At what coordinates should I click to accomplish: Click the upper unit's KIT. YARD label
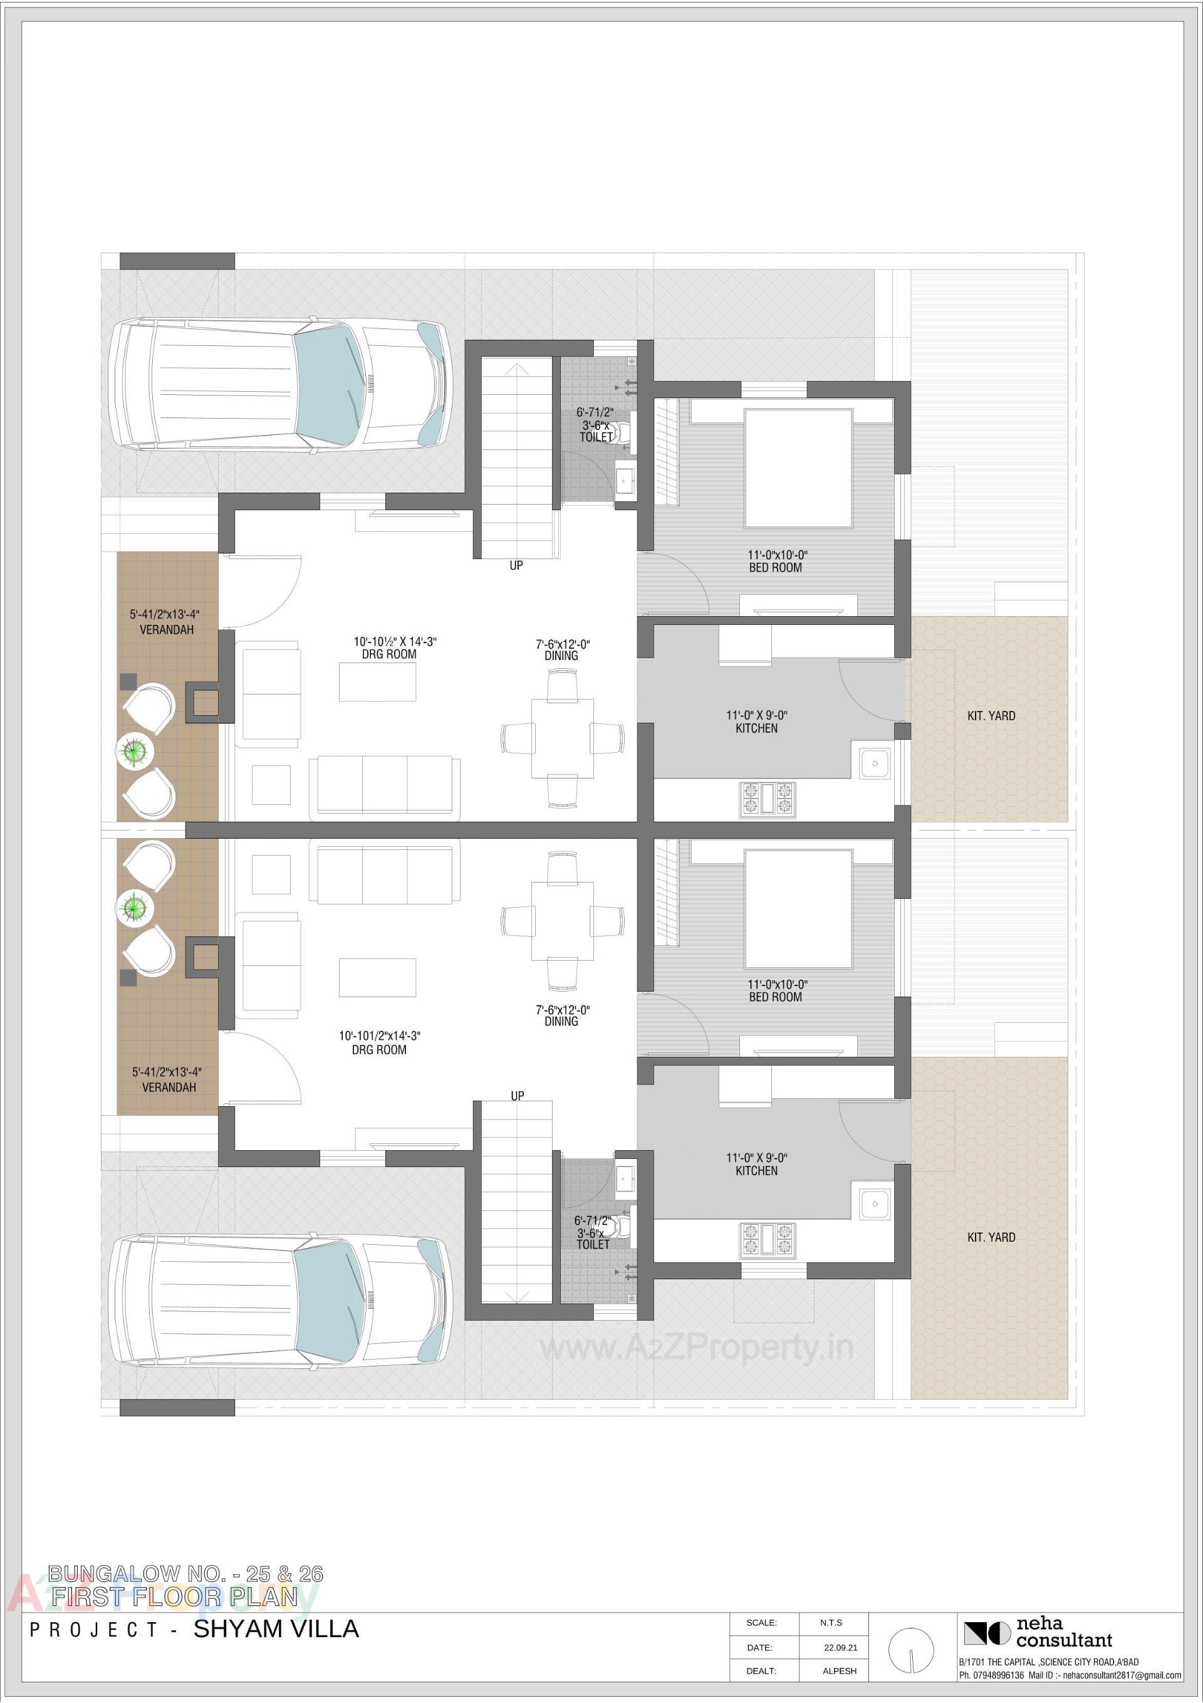click(x=991, y=716)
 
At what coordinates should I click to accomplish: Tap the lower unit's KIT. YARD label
click(x=991, y=1237)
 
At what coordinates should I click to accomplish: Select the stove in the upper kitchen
click(x=767, y=800)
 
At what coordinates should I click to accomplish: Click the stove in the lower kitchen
click(x=767, y=1241)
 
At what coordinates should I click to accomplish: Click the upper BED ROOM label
click(x=775, y=567)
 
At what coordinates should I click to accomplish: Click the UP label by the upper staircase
click(x=516, y=565)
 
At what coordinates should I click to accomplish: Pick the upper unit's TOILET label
click(x=596, y=438)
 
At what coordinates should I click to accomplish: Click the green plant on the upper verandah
click(x=134, y=751)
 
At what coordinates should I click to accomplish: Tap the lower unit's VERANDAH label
click(x=169, y=1087)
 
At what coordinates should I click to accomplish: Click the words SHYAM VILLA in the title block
click(x=276, y=1630)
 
